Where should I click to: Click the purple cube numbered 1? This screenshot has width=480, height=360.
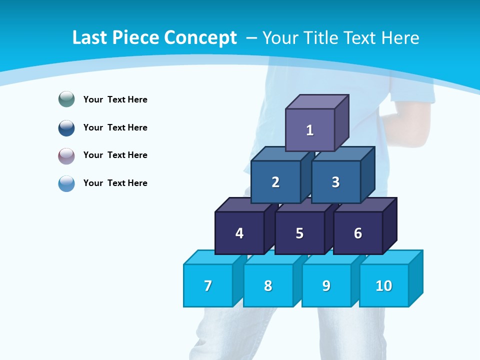tap(310, 130)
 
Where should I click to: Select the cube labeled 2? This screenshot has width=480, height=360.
tap(275, 182)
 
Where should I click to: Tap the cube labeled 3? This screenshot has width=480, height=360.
tap(335, 182)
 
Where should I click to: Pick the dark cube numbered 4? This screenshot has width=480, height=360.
tap(239, 233)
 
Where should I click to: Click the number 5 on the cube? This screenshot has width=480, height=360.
tap(299, 233)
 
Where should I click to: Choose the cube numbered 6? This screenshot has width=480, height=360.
tap(358, 233)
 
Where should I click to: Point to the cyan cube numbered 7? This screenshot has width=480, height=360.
tap(208, 285)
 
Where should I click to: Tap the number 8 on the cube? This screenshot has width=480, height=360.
tap(268, 286)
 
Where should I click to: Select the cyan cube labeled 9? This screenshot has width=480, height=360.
tap(326, 285)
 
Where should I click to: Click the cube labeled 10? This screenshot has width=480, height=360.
tap(383, 285)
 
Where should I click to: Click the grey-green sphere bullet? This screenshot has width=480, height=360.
tap(66, 99)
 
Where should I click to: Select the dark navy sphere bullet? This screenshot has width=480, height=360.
tap(66, 127)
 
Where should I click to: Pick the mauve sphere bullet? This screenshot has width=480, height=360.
tap(66, 155)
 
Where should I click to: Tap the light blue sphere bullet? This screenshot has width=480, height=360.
tap(66, 183)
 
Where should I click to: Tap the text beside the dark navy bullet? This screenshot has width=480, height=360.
tap(115, 127)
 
